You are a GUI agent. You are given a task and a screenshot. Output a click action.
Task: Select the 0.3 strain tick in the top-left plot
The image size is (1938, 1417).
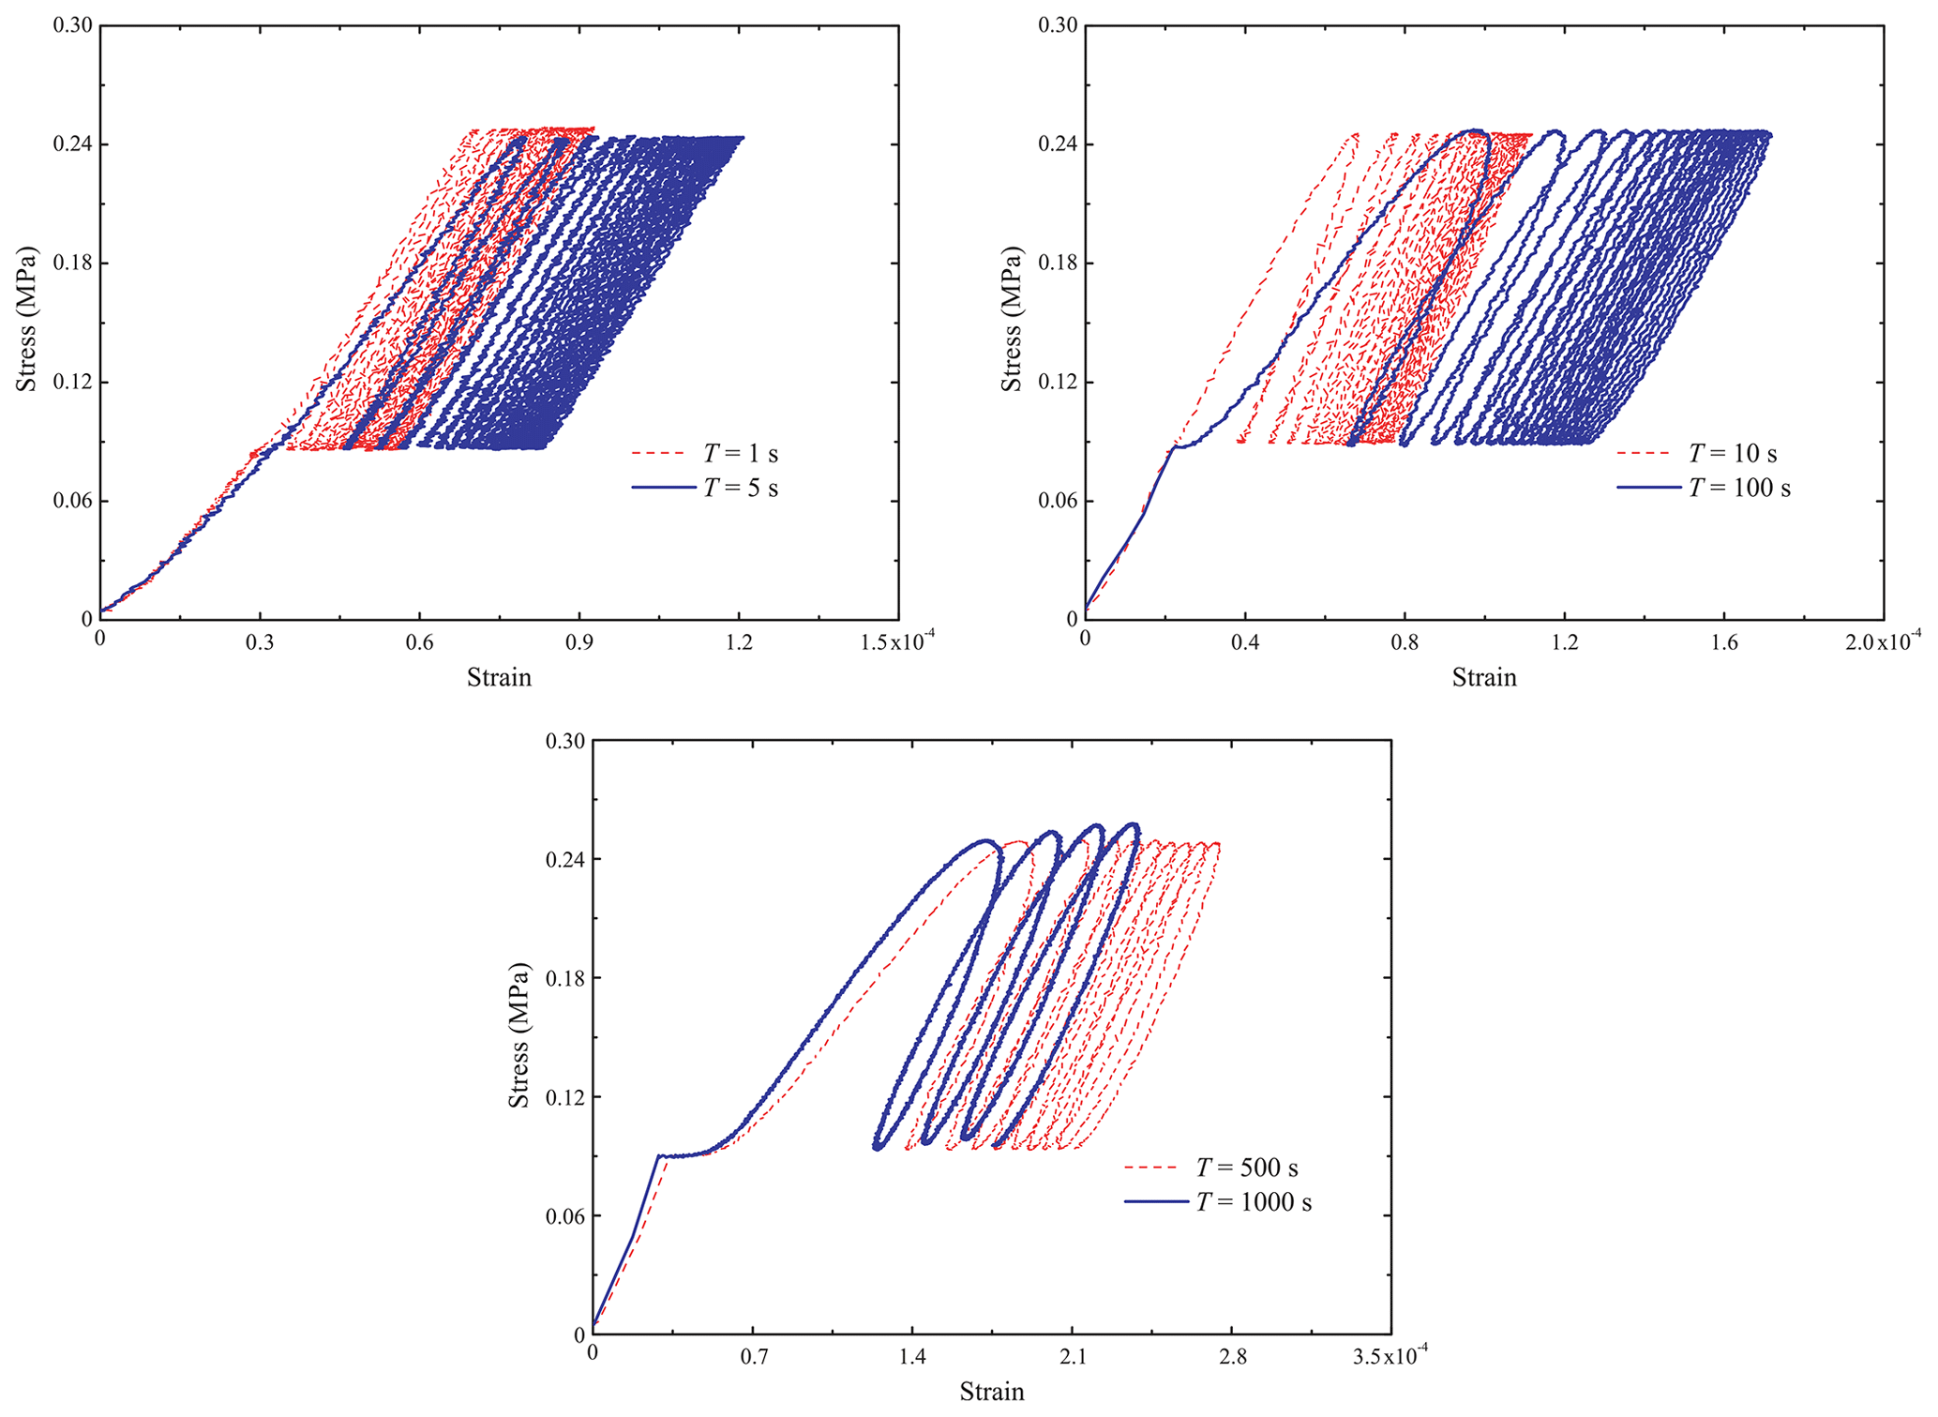[x=260, y=643]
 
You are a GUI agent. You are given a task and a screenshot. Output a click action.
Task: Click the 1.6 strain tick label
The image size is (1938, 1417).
[x=1724, y=643]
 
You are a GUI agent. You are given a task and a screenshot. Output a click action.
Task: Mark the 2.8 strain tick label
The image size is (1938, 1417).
[x=1232, y=1358]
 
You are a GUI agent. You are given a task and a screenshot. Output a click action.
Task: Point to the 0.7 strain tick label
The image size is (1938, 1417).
[x=752, y=1358]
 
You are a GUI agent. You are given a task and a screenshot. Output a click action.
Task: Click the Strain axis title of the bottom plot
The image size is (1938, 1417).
[x=991, y=1392]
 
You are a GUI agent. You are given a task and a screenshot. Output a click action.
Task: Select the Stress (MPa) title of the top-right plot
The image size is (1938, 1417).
[x=1012, y=320]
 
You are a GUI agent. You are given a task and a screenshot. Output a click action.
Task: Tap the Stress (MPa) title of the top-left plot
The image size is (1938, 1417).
[x=26, y=320]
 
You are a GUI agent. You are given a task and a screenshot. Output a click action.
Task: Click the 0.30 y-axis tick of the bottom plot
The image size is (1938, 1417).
[x=564, y=742]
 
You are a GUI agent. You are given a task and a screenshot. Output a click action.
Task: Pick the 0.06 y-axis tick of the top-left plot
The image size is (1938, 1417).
[x=72, y=502]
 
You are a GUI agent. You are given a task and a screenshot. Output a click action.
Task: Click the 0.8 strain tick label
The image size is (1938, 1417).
[x=1405, y=643]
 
